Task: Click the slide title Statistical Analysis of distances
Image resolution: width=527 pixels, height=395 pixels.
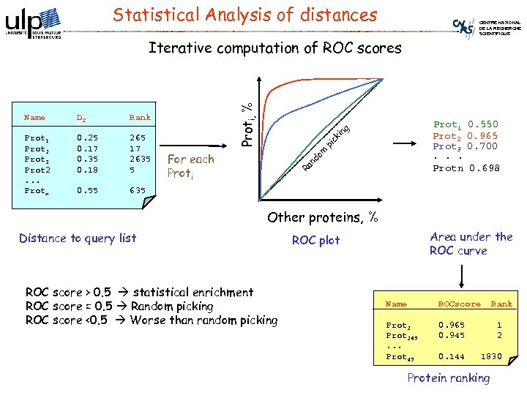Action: tap(246, 15)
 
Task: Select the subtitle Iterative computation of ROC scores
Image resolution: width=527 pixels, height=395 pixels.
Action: tap(274, 48)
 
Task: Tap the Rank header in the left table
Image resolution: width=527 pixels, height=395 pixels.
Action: tap(139, 117)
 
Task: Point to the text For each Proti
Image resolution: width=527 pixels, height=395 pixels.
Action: tap(190, 166)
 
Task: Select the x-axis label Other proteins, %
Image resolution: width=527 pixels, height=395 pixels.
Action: tap(323, 217)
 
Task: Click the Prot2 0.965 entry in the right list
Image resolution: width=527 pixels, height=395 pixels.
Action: tap(465, 136)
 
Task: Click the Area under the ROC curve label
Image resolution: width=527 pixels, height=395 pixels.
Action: tap(471, 244)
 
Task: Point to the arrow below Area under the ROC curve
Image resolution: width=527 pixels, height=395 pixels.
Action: tap(461, 274)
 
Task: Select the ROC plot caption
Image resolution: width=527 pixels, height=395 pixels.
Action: tap(315, 240)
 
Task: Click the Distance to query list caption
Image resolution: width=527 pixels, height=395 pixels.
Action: tap(78, 238)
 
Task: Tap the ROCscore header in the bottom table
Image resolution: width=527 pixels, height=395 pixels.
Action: tap(459, 304)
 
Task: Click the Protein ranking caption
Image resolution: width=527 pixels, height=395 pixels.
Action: tap(448, 377)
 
